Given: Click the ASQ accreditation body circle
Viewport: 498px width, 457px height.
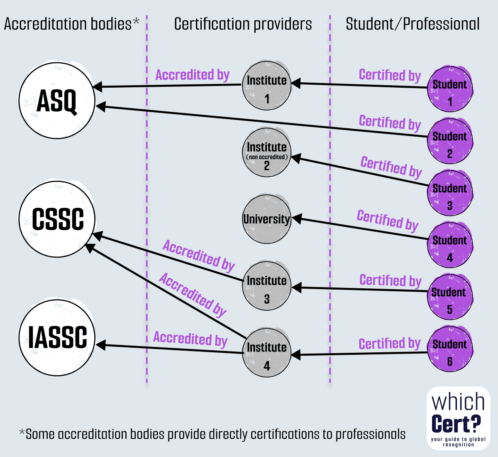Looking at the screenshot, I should (57, 101).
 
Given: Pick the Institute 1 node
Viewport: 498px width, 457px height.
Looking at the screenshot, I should (266, 86).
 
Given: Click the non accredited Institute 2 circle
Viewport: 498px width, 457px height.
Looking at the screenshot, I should (266, 152).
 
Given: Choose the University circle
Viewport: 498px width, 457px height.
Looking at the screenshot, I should (266, 219).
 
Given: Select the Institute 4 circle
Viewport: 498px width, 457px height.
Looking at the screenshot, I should (266, 353).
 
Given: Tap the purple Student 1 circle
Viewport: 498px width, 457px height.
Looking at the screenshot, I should (449, 89).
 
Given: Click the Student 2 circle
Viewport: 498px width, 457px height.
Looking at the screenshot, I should (449, 141).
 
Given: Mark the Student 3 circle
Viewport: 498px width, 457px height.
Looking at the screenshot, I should (449, 193).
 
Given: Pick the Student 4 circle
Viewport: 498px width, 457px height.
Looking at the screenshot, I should (449, 245).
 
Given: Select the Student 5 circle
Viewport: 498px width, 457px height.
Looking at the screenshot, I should (449, 297).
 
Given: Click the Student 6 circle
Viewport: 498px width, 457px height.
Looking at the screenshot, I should (449, 349).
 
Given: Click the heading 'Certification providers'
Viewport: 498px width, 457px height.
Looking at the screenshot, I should (243, 24).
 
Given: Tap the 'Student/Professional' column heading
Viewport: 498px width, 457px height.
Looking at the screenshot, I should (413, 24).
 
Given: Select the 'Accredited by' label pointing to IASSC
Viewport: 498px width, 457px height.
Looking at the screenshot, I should (190, 339).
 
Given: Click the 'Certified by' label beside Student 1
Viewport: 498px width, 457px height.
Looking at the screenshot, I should (390, 75).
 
